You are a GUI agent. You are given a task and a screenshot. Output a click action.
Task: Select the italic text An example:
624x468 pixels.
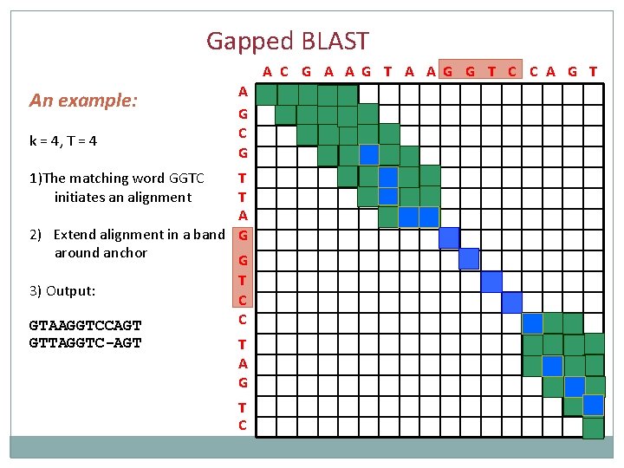83,101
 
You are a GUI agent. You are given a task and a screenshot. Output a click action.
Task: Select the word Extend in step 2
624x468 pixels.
76,234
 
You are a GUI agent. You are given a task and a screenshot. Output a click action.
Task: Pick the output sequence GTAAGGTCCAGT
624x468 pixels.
85,326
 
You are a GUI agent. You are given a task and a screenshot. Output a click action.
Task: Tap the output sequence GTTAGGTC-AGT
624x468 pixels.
85,342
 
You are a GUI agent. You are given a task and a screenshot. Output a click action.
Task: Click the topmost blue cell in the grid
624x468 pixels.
369,154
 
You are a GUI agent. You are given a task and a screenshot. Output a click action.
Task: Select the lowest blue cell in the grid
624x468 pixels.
593,405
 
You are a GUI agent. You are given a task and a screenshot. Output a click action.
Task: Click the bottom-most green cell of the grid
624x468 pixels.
593,428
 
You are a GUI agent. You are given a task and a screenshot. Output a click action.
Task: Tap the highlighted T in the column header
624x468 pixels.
491,72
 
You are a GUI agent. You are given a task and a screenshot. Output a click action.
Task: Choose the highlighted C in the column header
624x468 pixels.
512,72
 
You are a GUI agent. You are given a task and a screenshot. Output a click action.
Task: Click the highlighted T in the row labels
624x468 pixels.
243,280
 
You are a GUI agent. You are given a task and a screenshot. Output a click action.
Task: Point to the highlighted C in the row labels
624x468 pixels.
243,300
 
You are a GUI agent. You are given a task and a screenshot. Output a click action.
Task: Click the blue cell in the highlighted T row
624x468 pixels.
491,281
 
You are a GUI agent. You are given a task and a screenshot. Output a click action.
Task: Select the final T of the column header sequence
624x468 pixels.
593,72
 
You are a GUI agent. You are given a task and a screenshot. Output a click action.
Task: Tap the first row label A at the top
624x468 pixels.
243,91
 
